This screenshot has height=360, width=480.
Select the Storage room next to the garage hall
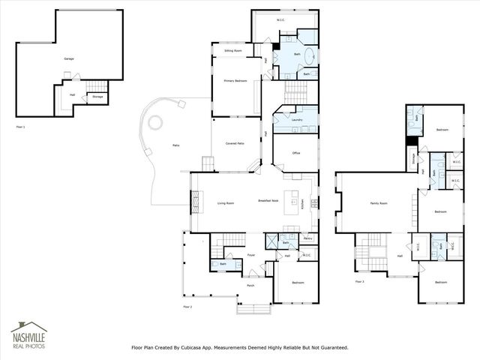[97, 97]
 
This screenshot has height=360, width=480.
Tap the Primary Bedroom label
[235, 80]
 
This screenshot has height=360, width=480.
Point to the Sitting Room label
[232, 51]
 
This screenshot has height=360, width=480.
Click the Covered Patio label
[235, 143]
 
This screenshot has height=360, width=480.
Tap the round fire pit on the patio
[156, 121]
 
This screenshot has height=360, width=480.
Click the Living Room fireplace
[196, 202]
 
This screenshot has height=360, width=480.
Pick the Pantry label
[307, 238]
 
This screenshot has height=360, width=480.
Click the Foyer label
[251, 255]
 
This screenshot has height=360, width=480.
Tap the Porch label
[251, 285]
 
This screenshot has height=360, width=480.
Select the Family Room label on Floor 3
[379, 203]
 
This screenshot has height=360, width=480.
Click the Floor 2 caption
[188, 307]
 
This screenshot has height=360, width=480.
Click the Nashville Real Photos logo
[28, 335]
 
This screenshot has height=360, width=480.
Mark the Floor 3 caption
[360, 281]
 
